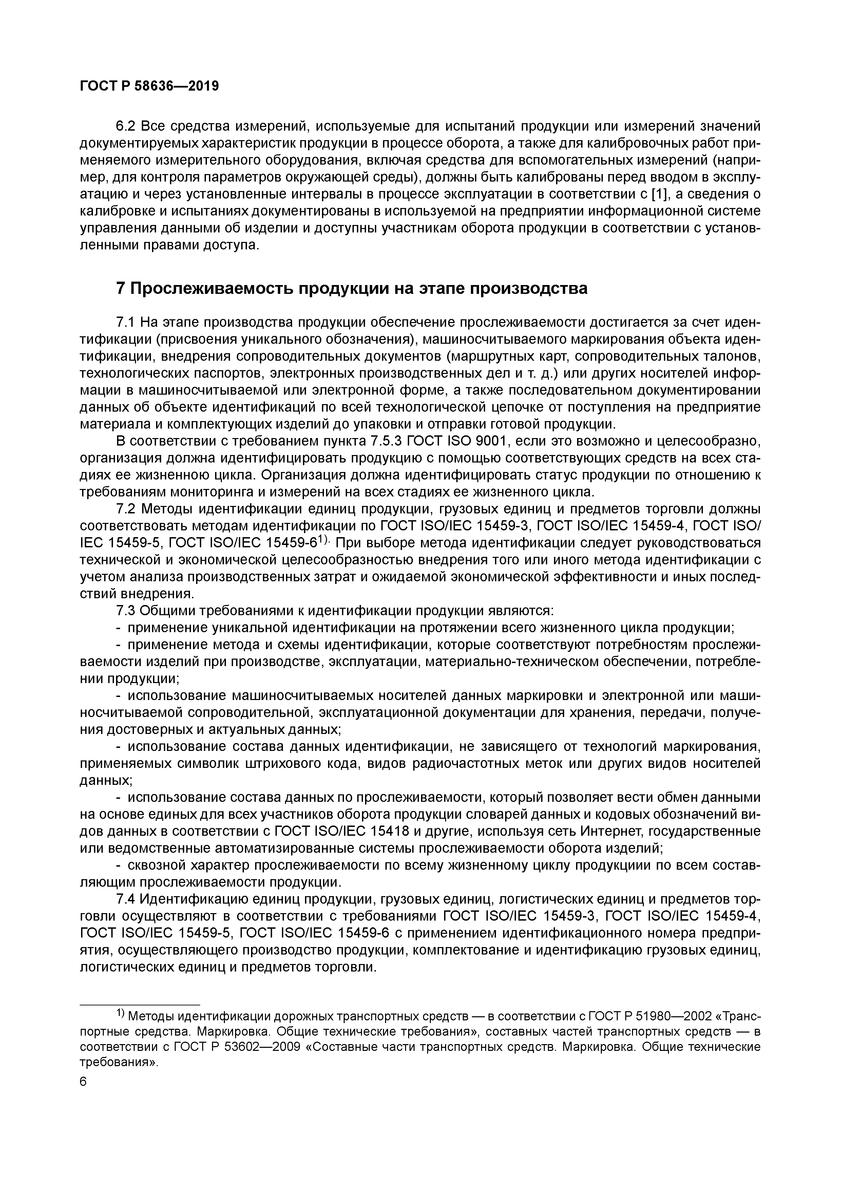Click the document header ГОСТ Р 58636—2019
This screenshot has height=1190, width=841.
pos(149,86)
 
